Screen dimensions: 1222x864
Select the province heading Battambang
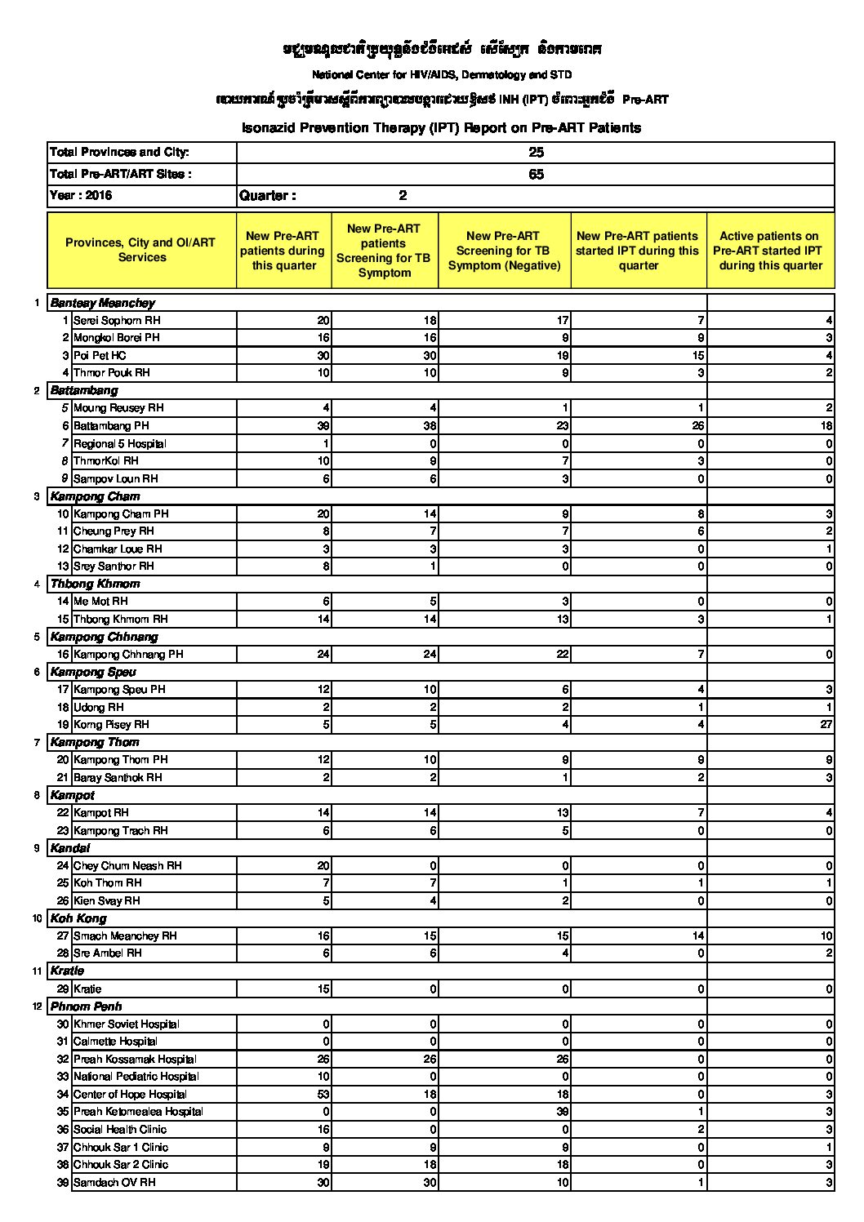point(84,390)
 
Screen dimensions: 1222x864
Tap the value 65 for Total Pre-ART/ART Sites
point(536,174)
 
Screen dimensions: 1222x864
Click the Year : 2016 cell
point(81,196)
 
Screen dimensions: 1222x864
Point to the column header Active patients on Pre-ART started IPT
point(769,251)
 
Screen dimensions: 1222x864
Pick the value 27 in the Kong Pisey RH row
point(826,724)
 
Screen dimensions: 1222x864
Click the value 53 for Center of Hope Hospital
point(323,1094)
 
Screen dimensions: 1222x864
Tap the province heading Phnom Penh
point(86,1006)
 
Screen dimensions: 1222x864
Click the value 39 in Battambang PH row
point(323,425)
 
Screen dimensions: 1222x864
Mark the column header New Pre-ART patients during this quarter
point(283,251)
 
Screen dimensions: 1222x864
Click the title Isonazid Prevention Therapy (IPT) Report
point(441,128)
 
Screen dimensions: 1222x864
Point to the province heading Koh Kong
point(78,918)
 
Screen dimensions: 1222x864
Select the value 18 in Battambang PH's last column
point(826,425)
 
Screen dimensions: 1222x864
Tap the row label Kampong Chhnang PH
point(128,654)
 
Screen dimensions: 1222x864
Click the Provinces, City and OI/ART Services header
point(141,250)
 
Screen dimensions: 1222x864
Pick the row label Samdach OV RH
point(114,1182)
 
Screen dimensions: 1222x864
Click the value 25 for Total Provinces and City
point(536,153)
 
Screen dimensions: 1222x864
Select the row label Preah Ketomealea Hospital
point(138,1112)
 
